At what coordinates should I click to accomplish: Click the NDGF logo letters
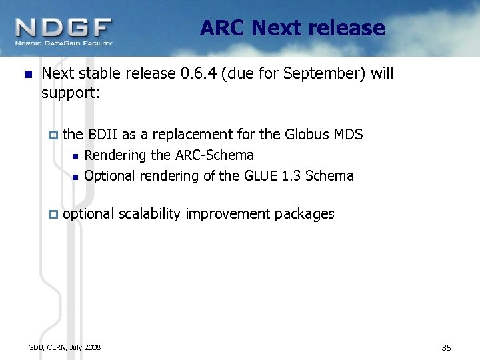point(63,28)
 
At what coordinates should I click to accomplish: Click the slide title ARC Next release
point(292,28)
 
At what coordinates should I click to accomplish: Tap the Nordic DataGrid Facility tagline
point(64,43)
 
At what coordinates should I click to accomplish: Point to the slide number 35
point(446,347)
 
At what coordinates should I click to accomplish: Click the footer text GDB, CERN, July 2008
point(65,347)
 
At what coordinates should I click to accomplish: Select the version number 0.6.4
point(201,73)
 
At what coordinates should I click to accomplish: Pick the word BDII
point(103,135)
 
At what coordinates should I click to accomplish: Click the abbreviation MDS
point(348,135)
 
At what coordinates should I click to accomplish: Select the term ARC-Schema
point(214,155)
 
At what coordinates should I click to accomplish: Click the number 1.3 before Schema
point(291,176)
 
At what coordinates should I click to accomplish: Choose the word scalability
point(151,213)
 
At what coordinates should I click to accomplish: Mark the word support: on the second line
point(70,93)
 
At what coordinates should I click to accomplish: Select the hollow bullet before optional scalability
point(54,214)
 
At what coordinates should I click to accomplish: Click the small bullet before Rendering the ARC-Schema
point(75,157)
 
